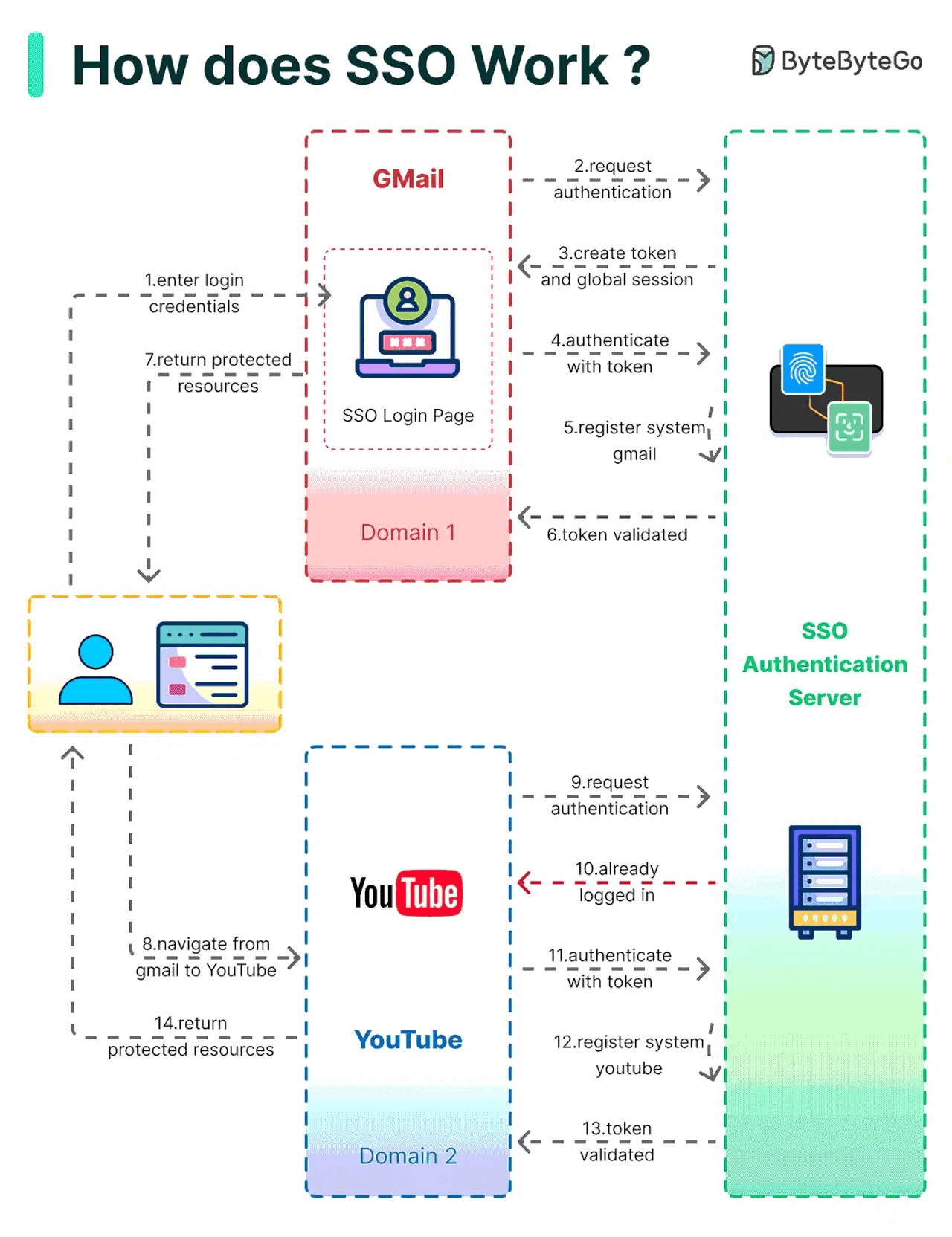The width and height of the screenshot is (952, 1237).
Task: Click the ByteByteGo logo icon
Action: click(x=762, y=60)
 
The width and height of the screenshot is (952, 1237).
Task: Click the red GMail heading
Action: click(x=408, y=179)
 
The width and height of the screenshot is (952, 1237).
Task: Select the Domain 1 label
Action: click(x=408, y=532)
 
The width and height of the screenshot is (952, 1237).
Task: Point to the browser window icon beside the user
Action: click(x=202, y=665)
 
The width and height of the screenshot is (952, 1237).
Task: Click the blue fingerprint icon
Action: click(x=803, y=369)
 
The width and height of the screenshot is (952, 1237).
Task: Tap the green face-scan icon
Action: click(x=849, y=427)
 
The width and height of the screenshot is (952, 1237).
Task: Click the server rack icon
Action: click(x=825, y=881)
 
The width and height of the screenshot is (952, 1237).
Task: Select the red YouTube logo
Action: click(x=407, y=893)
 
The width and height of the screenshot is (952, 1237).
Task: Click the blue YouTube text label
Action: click(x=408, y=1039)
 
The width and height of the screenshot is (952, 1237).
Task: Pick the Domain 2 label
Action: click(x=408, y=1156)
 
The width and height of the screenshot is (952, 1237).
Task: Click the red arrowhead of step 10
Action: click(x=526, y=883)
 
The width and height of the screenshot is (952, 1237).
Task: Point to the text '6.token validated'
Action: click(x=617, y=534)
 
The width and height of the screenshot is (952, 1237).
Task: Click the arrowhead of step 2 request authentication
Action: click(x=703, y=180)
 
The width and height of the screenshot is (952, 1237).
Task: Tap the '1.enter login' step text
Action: click(x=194, y=280)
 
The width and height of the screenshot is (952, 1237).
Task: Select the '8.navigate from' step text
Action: click(x=206, y=944)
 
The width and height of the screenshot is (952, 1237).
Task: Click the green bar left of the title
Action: click(x=36, y=65)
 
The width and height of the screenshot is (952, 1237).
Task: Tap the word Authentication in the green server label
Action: click(x=825, y=664)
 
